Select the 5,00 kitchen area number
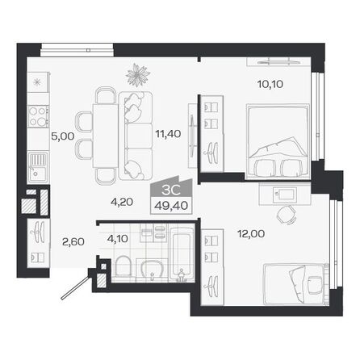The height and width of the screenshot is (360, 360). [x=62, y=136]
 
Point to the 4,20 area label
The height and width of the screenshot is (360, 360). [x=122, y=203]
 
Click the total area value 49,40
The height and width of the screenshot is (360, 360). [x=168, y=206]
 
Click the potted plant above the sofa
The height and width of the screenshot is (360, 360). [x=138, y=75]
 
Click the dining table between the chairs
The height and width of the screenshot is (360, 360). [x=104, y=132]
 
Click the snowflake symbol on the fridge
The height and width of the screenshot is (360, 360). [x=36, y=81]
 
